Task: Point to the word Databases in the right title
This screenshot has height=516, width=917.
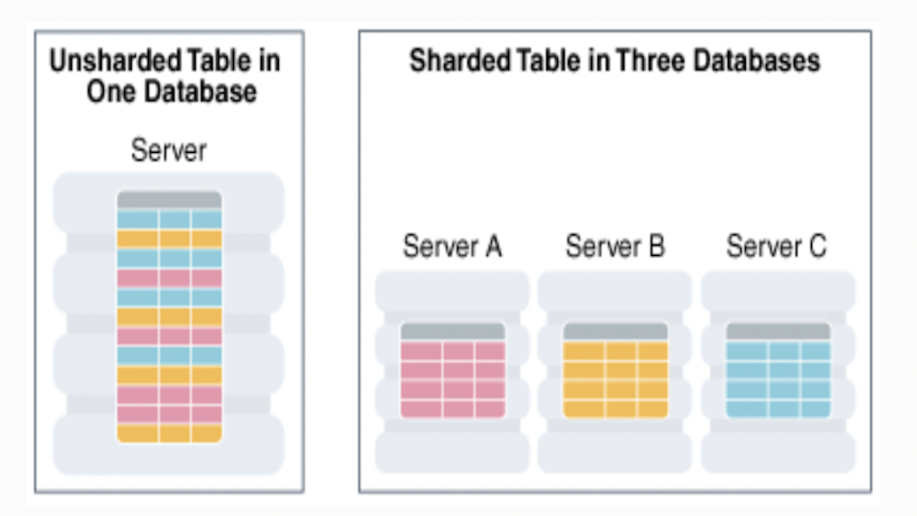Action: (757, 61)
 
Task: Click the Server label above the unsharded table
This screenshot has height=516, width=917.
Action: (169, 150)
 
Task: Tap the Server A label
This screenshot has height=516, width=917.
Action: (452, 247)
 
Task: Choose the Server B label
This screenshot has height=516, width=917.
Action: (614, 247)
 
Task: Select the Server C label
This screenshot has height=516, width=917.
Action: (777, 247)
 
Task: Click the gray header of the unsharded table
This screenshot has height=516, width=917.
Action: (169, 200)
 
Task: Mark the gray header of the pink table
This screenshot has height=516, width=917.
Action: (452, 331)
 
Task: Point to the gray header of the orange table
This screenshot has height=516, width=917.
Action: (615, 331)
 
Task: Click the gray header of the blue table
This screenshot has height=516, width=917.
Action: (778, 331)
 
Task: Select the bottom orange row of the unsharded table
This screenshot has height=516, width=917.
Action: (169, 433)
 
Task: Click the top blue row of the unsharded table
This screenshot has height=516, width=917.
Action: (169, 219)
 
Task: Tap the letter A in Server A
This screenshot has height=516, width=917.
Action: (492, 247)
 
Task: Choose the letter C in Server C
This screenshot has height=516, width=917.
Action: (817, 247)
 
